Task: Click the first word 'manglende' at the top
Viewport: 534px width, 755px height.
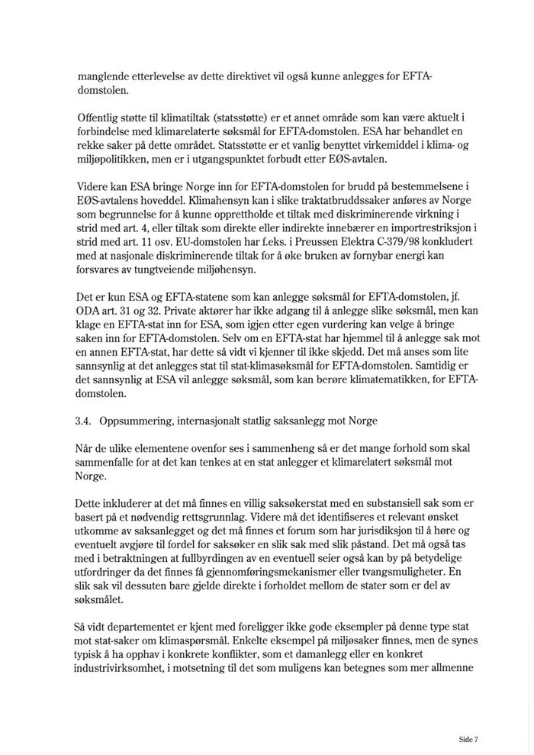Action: [x=102, y=78]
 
